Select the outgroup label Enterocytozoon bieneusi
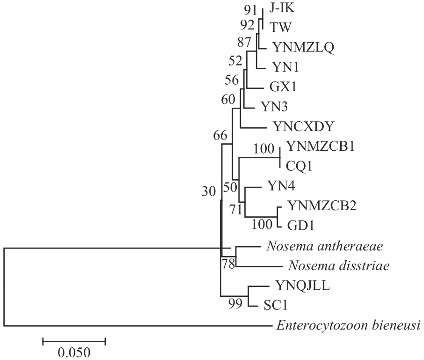(x=347, y=325)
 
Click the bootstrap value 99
(x=235, y=306)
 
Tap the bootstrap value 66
(x=219, y=136)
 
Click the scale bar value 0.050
(x=74, y=352)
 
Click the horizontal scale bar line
(x=74, y=341)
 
